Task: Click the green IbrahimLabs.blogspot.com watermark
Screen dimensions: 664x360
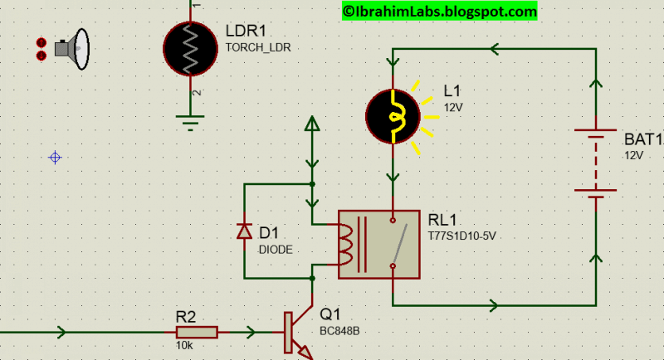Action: tap(440, 11)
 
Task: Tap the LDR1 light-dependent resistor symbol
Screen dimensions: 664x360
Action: tap(190, 49)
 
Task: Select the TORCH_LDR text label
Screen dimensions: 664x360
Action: tap(258, 48)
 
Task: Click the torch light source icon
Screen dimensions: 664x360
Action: tap(72, 49)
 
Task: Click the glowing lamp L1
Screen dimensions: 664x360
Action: tap(393, 116)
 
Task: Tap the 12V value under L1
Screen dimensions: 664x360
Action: tap(453, 108)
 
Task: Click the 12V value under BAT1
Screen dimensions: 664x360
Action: tap(634, 156)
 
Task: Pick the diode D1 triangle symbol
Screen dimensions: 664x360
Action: tap(244, 231)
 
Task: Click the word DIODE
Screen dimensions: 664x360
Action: tap(276, 250)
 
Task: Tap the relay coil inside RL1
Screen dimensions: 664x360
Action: tap(345, 245)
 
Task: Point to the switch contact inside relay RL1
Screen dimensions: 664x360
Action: tap(399, 243)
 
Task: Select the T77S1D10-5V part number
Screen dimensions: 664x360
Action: tap(461, 236)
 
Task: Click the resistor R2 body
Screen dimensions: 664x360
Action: tap(197, 332)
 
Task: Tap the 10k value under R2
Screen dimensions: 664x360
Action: tap(184, 346)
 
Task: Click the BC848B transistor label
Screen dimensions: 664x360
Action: tap(339, 331)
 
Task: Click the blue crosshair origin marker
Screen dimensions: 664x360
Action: tap(55, 158)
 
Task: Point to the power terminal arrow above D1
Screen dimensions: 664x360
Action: tap(312, 123)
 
